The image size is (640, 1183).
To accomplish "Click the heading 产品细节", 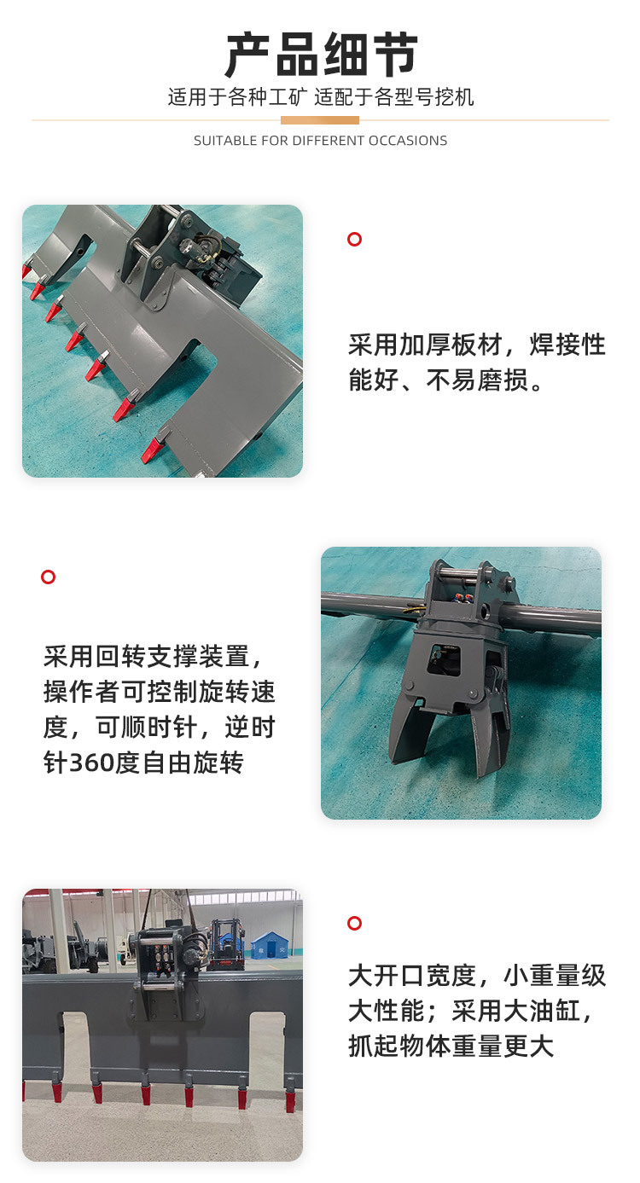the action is [x=321, y=55].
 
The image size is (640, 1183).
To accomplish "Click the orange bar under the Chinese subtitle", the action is [x=320, y=120].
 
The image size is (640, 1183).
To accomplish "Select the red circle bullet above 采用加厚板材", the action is [x=355, y=239].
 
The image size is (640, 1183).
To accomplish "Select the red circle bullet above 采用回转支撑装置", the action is [x=48, y=577].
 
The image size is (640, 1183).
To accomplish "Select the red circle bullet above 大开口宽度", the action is [x=355, y=923].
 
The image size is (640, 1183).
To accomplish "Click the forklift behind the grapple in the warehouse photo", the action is [x=224, y=944].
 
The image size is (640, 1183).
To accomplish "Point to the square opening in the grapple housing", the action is [x=444, y=659].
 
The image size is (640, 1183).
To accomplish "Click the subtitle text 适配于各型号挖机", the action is [x=394, y=97].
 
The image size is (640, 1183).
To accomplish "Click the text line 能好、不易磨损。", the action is [x=445, y=380].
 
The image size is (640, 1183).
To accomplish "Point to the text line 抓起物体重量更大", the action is [x=451, y=1047].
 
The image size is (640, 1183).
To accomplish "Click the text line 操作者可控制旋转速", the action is [x=159, y=692].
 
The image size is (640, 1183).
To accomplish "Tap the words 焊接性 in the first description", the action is [x=567, y=345].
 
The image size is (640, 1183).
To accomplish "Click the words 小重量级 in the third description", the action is [x=555, y=976].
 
